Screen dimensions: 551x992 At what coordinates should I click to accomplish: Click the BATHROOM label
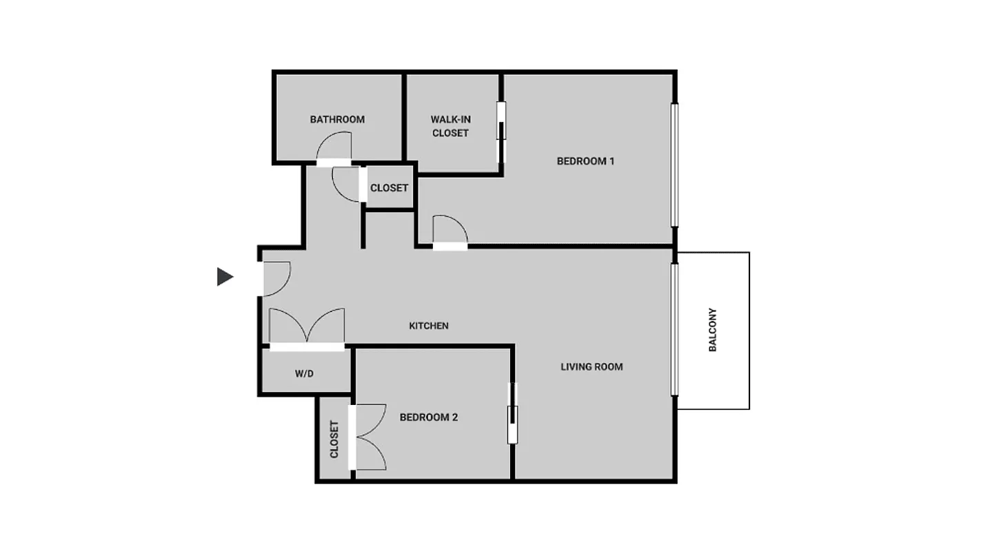click(337, 119)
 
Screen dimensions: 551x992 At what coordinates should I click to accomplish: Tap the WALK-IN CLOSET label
click(450, 126)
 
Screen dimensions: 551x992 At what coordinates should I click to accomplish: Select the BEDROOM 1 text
click(585, 161)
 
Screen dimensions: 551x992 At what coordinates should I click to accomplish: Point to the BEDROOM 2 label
click(429, 417)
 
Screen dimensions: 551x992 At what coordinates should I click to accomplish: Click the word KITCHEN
click(429, 326)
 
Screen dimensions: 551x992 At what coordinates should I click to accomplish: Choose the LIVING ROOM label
click(591, 366)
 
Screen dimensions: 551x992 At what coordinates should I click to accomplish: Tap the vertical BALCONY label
click(713, 330)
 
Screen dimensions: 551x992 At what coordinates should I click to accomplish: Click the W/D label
click(304, 374)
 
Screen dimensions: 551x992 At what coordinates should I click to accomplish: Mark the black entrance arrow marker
click(225, 277)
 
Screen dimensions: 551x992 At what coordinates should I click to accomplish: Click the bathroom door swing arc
click(334, 147)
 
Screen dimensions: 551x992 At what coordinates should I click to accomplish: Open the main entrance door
click(275, 278)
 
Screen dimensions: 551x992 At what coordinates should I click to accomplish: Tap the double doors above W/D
click(307, 327)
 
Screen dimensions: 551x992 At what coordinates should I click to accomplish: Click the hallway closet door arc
click(347, 184)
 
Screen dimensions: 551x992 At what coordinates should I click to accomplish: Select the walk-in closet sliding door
click(501, 132)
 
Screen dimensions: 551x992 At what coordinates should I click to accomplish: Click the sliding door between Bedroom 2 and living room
click(512, 413)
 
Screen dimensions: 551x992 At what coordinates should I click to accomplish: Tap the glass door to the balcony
click(675, 329)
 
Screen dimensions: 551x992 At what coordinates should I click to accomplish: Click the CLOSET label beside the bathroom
click(389, 187)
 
